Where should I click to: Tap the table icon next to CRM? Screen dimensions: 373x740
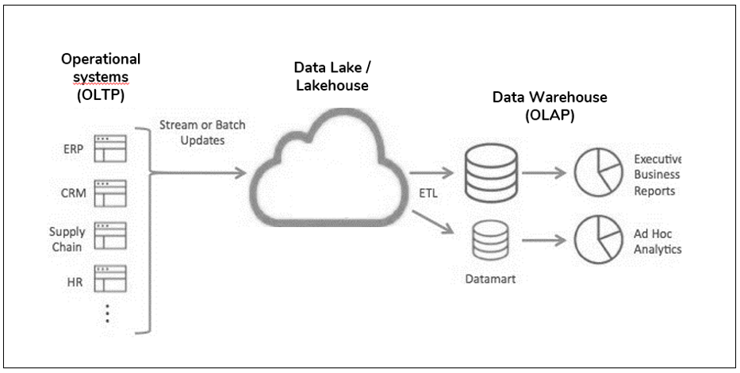pyautogui.click(x=110, y=192)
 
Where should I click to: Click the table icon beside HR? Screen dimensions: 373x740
pyautogui.click(x=110, y=279)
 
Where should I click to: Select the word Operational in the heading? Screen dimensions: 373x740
pyautogui.click(x=101, y=59)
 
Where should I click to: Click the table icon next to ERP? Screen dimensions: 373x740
pyautogui.click(x=110, y=148)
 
